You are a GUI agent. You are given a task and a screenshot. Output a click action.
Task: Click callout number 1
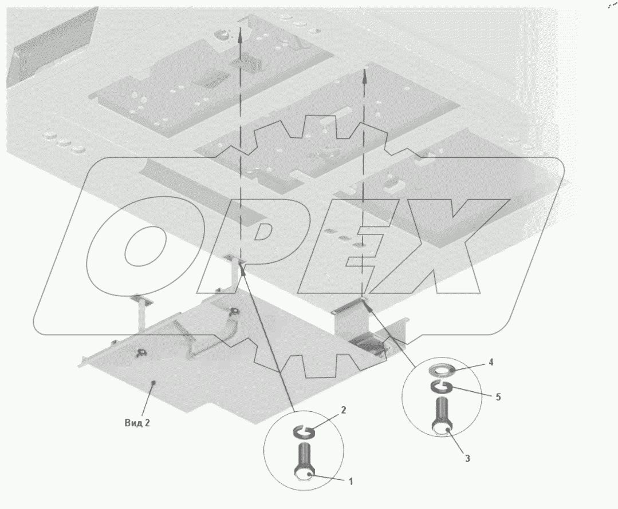[351, 482]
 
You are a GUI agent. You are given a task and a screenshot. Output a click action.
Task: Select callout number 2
[343, 410]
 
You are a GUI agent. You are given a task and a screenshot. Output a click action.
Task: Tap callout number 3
[467, 459]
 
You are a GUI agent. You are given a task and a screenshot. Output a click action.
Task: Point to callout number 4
[491, 362]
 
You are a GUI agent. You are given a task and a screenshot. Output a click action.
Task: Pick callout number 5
[498, 397]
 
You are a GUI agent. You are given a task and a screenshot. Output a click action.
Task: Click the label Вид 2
[137, 423]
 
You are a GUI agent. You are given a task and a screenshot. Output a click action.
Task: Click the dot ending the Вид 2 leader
[155, 382]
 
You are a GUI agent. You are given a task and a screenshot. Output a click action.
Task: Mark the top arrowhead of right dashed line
[365, 75]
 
